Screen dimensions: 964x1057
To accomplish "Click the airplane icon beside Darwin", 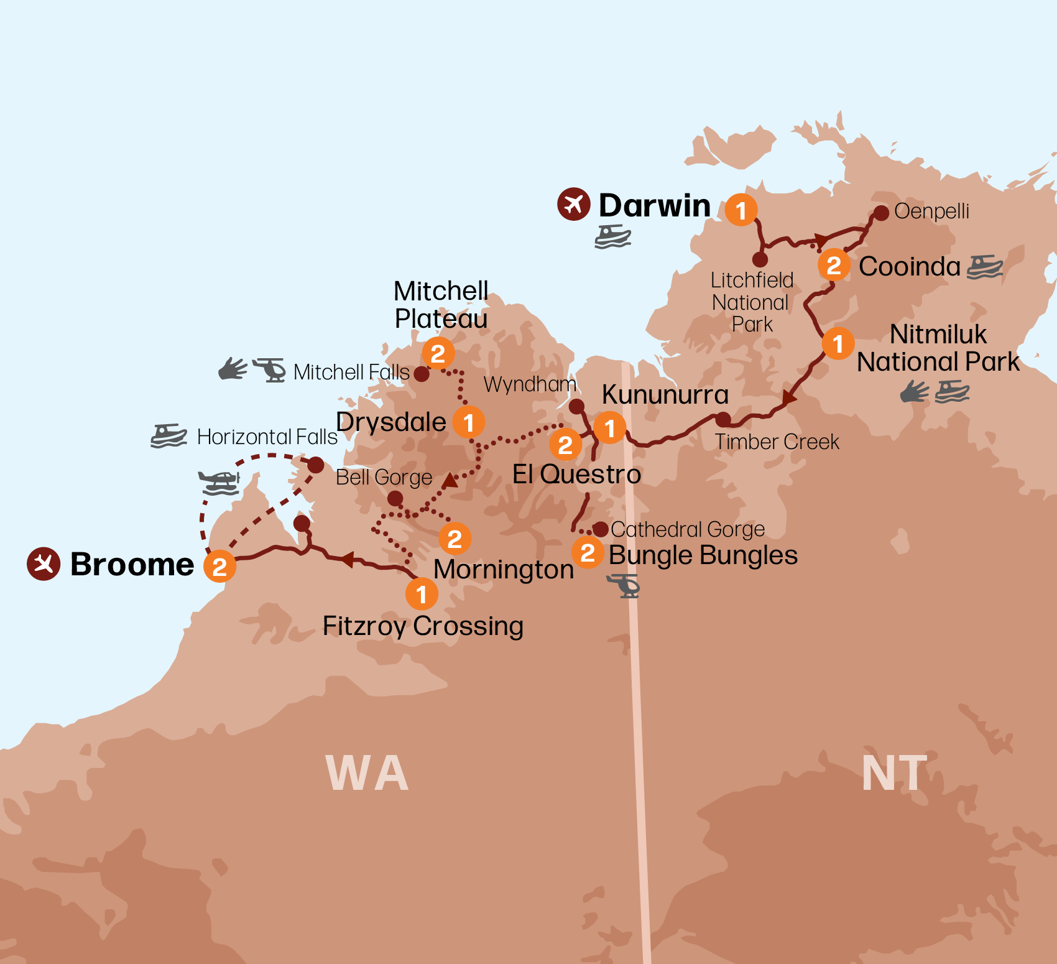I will tap(573, 204).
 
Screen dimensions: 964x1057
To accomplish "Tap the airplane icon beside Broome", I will tap(44, 563).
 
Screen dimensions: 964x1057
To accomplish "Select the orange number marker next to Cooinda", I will tap(834, 265).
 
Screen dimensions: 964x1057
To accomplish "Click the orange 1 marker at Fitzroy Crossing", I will tap(422, 594).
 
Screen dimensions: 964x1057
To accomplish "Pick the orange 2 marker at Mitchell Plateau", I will tap(438, 353).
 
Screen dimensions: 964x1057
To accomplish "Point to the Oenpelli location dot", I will tap(881, 213).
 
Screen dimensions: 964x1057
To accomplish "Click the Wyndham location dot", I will tap(576, 406).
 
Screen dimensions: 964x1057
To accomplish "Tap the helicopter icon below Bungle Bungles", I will tap(624, 586).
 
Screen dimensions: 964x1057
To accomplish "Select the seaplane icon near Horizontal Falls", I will tap(219, 483).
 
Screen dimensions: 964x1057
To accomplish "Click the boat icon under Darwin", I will tap(612, 237).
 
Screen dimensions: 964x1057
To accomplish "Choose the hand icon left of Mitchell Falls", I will tap(233, 369).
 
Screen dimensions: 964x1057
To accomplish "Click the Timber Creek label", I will tap(777, 442).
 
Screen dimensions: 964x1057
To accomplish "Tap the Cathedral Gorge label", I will tap(688, 529).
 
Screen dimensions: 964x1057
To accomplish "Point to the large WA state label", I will tap(367, 773).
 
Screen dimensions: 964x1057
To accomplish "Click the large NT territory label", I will tap(894, 773).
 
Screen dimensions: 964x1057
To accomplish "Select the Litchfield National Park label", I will tap(752, 302).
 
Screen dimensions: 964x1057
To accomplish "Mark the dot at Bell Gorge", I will tap(395, 498).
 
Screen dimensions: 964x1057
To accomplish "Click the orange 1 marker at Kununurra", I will tap(610, 427).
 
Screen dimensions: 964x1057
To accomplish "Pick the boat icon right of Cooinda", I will tap(985, 267).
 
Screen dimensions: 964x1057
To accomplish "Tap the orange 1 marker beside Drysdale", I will tap(468, 422).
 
